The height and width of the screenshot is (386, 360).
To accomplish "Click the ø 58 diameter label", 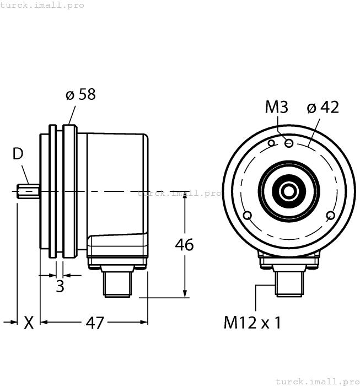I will (80, 94).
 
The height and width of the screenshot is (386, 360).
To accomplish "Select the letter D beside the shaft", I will (18, 154).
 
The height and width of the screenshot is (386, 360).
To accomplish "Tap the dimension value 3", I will (60, 286).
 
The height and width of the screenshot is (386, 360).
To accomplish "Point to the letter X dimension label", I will (29, 323).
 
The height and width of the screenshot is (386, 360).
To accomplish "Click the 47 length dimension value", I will (95, 323).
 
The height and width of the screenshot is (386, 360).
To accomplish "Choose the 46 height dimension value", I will (184, 244).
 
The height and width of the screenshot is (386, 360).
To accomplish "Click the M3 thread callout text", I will (277, 107).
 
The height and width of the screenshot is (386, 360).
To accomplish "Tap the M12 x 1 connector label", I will (252, 323).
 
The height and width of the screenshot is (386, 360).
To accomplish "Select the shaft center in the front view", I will (288, 191).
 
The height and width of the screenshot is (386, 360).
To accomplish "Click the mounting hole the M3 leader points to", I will (288, 143).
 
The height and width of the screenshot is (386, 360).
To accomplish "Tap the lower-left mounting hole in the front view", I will (246, 215).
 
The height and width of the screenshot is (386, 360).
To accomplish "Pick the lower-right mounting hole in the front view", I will (330, 215).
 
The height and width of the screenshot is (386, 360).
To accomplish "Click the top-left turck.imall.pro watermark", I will (42, 5).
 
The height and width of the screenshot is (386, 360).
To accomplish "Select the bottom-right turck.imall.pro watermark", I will (317, 381).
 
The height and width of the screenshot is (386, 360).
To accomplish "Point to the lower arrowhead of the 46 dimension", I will (184, 293).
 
